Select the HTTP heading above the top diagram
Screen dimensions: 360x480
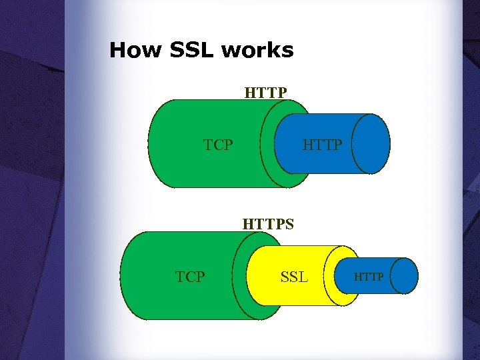click(265, 91)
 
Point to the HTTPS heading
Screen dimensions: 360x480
click(268, 224)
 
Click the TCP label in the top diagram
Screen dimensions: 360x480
click(218, 145)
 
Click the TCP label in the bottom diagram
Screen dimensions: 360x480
click(190, 277)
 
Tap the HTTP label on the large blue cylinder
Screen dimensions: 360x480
click(322, 145)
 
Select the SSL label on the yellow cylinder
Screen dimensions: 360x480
click(294, 276)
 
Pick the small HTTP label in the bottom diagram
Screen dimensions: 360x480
click(369, 276)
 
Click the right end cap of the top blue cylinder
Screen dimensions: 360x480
click(371, 143)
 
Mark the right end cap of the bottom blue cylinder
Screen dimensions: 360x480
click(403, 276)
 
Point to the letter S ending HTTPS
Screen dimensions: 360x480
click(289, 224)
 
